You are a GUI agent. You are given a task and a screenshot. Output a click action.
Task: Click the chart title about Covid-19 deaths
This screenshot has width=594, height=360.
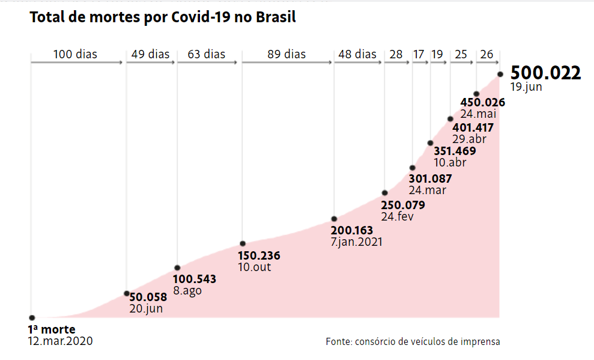tap(163, 17)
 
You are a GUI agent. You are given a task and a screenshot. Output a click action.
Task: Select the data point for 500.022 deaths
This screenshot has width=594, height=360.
tap(500, 75)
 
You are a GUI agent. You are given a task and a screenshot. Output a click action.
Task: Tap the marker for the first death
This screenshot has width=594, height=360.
tap(32, 317)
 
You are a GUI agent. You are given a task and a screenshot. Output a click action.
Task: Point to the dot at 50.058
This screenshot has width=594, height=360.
tap(127, 293)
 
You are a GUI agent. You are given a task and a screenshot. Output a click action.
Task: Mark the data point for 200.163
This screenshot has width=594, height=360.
tap(334, 219)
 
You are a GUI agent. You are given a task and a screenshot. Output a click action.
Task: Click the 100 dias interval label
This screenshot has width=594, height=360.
tap(75, 55)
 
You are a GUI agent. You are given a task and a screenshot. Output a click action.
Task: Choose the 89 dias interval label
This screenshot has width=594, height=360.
tap(286, 55)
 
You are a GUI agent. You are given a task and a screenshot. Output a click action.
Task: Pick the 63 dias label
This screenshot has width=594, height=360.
tap(207, 55)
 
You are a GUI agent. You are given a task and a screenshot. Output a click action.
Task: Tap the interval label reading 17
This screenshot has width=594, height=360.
tap(419, 55)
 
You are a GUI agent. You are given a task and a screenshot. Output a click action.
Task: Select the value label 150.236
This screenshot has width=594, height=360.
tap(259, 255)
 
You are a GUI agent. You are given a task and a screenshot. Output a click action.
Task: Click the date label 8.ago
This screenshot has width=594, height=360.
tap(187, 291)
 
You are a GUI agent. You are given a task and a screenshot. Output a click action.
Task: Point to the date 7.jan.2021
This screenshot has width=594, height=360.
tap(356, 242)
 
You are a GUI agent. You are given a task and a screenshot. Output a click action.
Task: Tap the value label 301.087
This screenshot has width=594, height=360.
tap(430, 178)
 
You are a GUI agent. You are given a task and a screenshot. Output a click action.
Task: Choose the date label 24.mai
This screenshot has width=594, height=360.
tap(478, 114)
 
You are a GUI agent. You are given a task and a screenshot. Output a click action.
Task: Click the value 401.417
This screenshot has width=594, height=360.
tap(473, 127)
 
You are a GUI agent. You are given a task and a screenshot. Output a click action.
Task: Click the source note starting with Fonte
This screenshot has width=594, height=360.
tap(413, 341)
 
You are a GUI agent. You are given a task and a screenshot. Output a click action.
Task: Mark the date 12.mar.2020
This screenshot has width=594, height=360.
tap(61, 341)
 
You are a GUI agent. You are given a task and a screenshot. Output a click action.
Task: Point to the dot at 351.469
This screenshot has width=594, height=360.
tap(430, 143)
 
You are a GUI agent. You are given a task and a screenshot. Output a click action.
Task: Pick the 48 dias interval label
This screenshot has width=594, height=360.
tap(357, 55)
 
